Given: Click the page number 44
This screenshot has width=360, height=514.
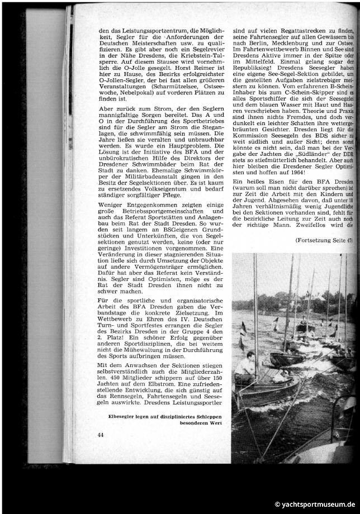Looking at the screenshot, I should pyautogui.click(x=101, y=435).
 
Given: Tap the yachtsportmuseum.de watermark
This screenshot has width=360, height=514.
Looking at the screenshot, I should pyautogui.click(x=315, y=505).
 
